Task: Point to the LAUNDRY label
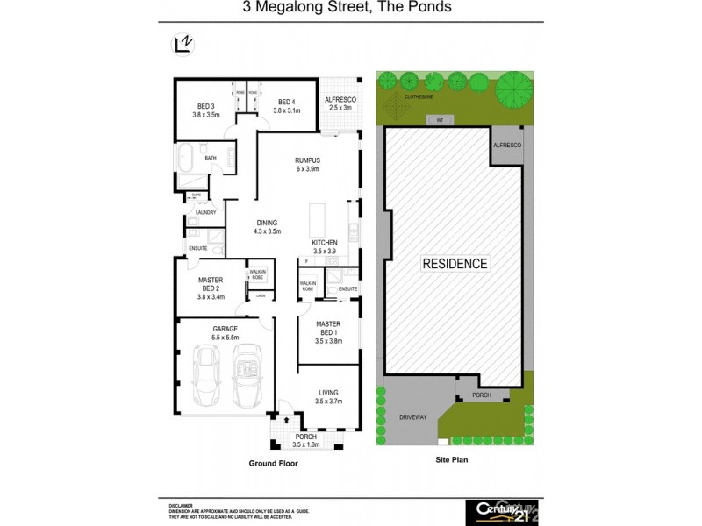(x=206, y=212)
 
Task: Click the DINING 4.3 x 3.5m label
(x=268, y=227)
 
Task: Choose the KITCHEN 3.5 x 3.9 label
(x=325, y=246)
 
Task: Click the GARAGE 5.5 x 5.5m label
(x=225, y=332)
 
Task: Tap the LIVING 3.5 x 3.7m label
(x=326, y=397)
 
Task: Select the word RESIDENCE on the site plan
(x=455, y=263)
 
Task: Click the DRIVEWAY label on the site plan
(x=412, y=417)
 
